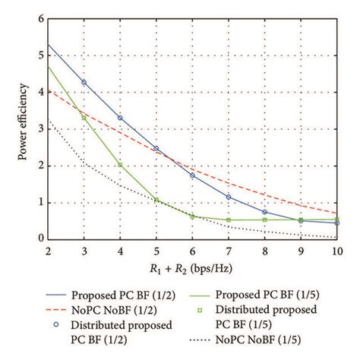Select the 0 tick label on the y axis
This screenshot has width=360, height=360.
click(39, 238)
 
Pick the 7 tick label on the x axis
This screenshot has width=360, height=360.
click(229, 251)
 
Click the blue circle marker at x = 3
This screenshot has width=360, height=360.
click(84, 82)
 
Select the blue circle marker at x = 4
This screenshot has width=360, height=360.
click(120, 118)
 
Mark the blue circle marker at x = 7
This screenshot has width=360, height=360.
click(229, 197)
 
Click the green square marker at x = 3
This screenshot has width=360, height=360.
click(84, 118)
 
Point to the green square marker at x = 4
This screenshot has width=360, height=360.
click(120, 164)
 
